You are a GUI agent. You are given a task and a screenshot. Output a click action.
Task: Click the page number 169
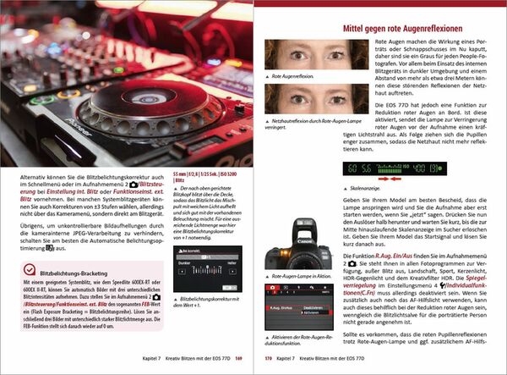click(x=239, y=358)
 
